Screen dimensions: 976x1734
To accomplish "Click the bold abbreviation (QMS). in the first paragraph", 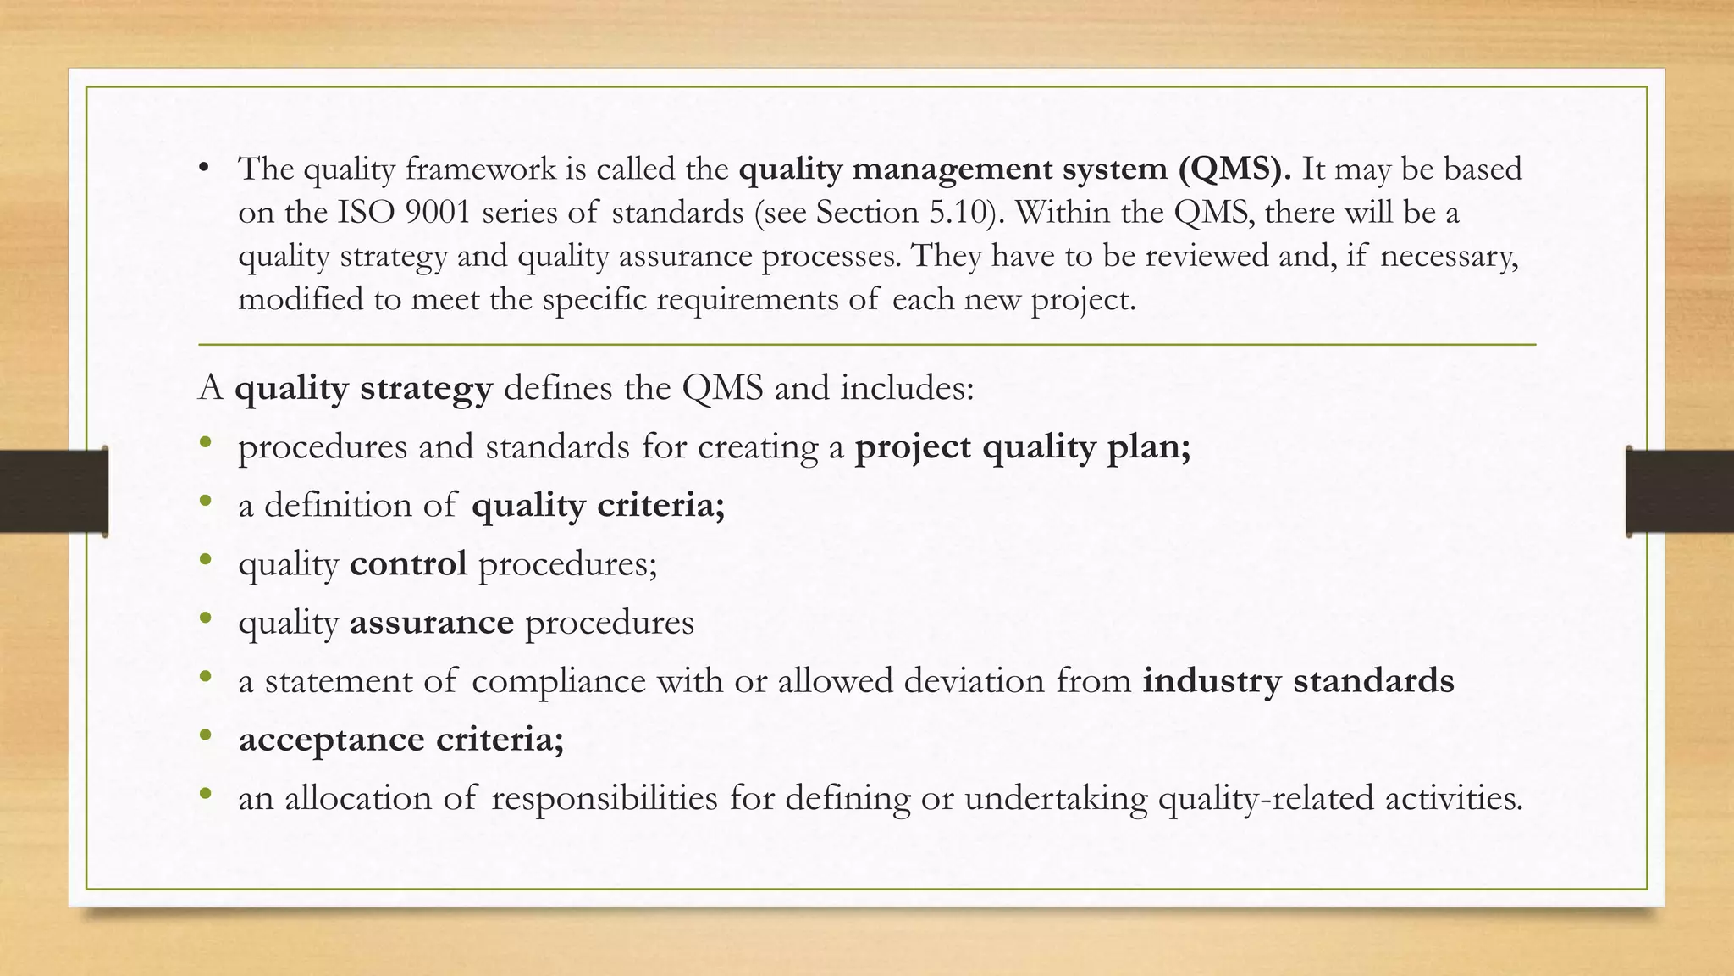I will point(1234,169).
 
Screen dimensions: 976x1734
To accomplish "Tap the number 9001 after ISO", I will point(437,213).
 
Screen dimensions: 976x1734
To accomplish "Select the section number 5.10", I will point(959,213).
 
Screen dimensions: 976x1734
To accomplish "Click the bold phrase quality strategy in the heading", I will point(363,389).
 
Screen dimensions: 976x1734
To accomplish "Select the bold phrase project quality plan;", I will point(1023,446).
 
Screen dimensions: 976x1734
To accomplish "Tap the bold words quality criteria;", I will point(598,506).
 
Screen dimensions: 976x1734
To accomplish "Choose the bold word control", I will point(408,564).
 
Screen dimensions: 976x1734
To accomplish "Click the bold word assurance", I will point(432,623).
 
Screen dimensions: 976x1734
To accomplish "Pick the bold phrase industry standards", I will point(1298,681).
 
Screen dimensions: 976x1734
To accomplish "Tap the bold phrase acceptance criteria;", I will point(401,740).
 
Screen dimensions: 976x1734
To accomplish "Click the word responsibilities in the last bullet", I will point(605,798).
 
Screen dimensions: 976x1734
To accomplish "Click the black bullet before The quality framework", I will point(203,168).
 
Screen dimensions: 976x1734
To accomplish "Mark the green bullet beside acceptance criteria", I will point(205,736).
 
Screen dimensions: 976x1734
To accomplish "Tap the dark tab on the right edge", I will point(1680,491).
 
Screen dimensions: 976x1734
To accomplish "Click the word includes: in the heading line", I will point(907,389).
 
